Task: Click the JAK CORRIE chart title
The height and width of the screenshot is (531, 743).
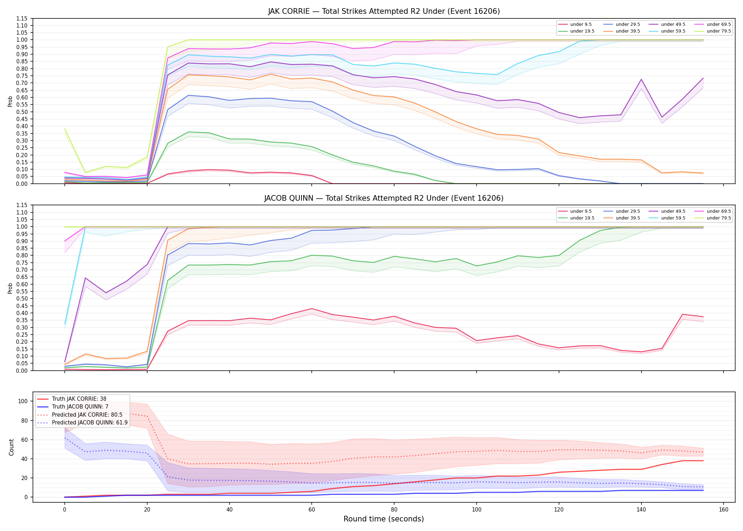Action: (x=384, y=11)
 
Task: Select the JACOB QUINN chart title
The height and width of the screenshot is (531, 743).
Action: (x=384, y=198)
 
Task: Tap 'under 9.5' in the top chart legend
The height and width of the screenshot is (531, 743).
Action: (x=581, y=24)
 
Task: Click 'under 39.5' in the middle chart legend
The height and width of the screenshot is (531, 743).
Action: (x=628, y=218)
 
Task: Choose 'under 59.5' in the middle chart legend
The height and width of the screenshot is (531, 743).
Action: (x=673, y=218)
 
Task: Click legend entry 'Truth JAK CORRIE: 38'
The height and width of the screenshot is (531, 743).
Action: (x=79, y=399)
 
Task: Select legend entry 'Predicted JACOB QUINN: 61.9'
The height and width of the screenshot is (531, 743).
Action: (x=90, y=423)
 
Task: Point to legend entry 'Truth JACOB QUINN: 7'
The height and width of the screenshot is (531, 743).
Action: (x=80, y=407)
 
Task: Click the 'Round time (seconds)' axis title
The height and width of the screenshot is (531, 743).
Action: (x=384, y=519)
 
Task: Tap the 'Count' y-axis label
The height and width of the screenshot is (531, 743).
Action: (x=11, y=447)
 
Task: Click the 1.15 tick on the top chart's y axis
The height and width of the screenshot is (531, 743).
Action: (x=24, y=18)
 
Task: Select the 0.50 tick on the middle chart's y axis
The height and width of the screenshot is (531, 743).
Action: (x=24, y=298)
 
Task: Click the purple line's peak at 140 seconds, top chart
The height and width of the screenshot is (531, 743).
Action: (x=641, y=79)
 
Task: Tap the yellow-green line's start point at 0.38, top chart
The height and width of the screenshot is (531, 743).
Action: (x=65, y=129)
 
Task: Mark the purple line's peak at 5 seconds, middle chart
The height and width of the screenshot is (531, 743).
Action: (x=85, y=278)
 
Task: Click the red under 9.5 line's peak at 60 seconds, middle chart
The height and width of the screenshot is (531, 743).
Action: (x=311, y=309)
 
